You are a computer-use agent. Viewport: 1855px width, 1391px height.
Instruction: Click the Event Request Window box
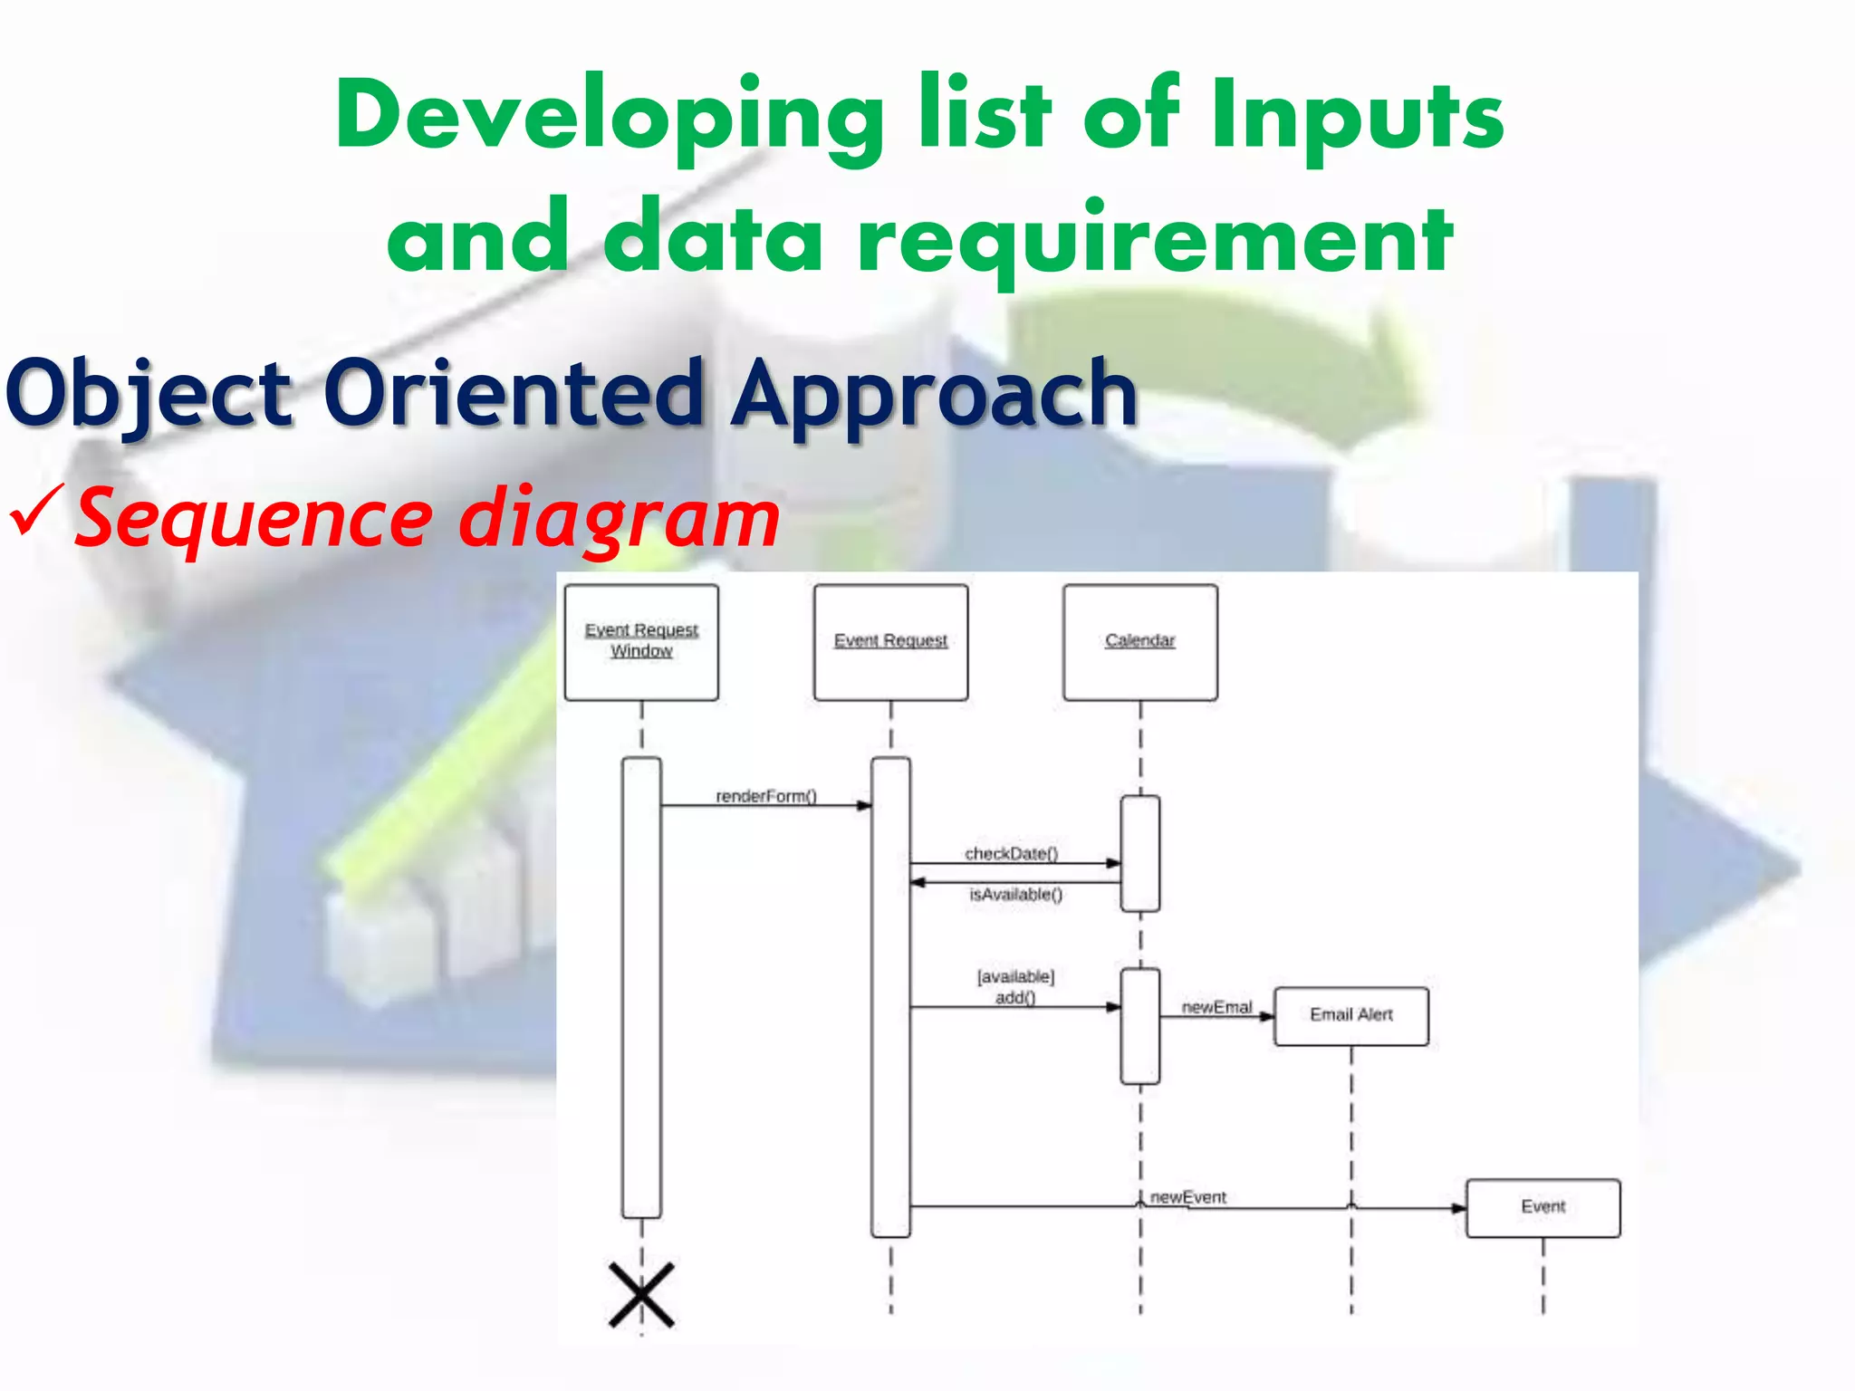(641, 642)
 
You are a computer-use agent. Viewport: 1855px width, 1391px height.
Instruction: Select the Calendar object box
(1139, 642)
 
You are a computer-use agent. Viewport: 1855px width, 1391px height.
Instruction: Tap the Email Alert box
(1350, 1016)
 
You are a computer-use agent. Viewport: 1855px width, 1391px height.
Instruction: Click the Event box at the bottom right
(1543, 1207)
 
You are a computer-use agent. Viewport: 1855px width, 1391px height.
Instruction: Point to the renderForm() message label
(766, 796)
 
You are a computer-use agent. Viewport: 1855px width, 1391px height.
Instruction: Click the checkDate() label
(1011, 853)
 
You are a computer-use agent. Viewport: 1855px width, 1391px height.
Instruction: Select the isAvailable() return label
(1015, 895)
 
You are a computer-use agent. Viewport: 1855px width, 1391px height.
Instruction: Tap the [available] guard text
(1015, 976)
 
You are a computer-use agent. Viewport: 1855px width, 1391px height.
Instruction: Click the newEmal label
(1216, 1007)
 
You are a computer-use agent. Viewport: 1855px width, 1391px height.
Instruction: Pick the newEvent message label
(1187, 1197)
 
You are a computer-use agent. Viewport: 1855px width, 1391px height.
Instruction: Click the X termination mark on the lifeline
(641, 1295)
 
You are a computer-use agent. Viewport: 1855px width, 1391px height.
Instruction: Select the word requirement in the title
(1155, 238)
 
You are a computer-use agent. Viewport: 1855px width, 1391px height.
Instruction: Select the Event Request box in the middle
(890, 642)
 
